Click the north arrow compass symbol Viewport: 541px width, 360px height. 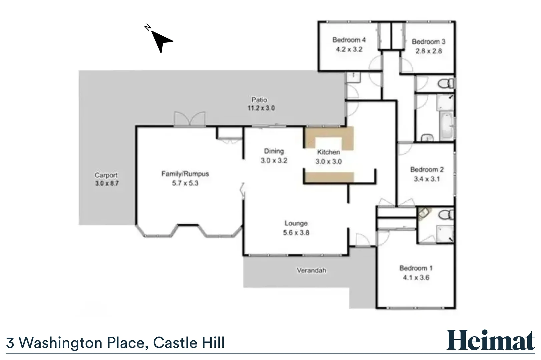[162, 40]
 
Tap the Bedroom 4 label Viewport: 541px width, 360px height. [349, 40]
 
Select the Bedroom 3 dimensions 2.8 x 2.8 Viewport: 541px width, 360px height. [428, 51]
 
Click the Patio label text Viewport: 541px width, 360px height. [259, 100]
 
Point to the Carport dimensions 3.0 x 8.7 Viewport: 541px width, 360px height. [107, 183]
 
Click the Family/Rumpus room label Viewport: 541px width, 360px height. [185, 174]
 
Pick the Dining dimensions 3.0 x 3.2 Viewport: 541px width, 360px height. [274, 160]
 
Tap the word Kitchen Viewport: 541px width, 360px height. [328, 152]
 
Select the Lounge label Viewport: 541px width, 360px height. [296, 223]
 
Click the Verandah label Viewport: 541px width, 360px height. [311, 270]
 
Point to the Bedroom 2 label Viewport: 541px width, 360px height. [427, 169]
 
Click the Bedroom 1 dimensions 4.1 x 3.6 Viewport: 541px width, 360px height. [416, 277]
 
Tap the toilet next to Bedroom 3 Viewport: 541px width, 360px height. [446, 83]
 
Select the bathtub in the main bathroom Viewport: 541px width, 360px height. [446, 126]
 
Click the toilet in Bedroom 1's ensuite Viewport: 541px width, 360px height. [446, 215]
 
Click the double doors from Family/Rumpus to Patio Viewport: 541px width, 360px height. [189, 119]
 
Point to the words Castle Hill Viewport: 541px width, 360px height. [189, 343]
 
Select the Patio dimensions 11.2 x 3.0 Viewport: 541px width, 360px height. [261, 108]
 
